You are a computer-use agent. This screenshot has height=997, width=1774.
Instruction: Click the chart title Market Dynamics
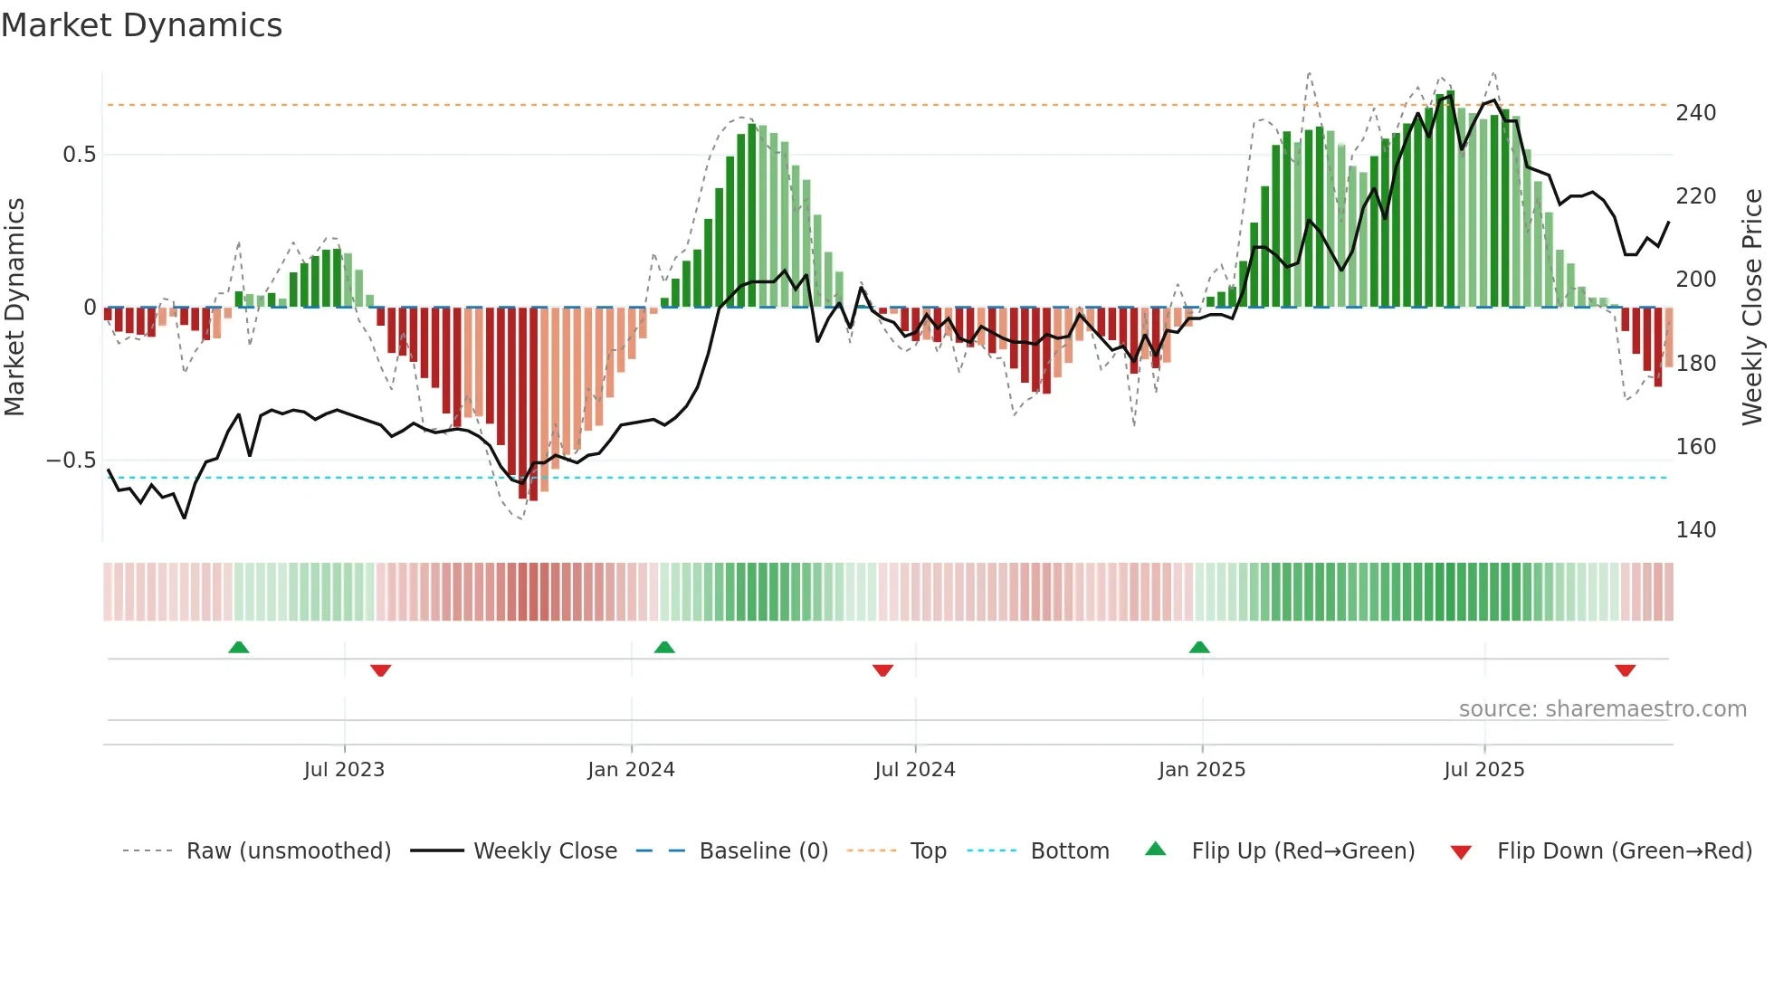tap(142, 25)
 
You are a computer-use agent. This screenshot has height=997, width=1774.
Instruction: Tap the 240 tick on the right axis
tap(1695, 113)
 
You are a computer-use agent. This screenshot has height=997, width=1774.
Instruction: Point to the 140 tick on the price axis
tap(1695, 529)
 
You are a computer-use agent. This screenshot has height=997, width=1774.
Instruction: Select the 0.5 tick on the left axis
tap(80, 155)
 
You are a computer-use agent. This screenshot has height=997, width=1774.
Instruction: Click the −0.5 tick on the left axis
tap(72, 461)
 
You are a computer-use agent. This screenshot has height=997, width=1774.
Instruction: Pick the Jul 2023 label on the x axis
tap(344, 770)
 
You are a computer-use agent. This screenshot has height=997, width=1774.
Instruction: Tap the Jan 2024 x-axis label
tap(631, 770)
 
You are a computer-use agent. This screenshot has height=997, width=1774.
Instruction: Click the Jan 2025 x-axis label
tap(1202, 770)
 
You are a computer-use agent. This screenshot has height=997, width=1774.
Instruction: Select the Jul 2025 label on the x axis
tap(1484, 770)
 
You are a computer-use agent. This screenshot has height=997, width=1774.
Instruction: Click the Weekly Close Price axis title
tap(1752, 308)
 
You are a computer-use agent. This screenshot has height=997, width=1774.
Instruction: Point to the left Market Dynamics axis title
tap(15, 308)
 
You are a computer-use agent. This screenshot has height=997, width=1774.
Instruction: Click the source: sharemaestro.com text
tap(1602, 709)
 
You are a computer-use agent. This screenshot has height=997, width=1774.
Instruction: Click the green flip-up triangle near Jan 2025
tap(1199, 648)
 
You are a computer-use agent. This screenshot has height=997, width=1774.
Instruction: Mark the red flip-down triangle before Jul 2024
tap(882, 670)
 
